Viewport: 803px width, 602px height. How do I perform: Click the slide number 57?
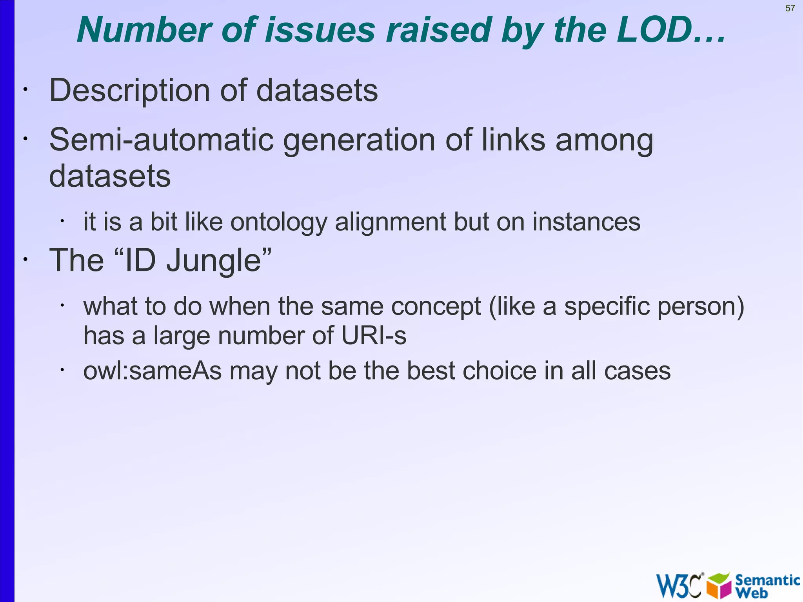tap(790, 8)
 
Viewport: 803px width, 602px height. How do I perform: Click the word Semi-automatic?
tap(161, 140)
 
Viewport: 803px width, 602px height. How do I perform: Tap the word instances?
tap(586, 222)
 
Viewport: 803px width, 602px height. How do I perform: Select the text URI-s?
tap(374, 336)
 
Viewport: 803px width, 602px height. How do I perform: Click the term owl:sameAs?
tap(153, 371)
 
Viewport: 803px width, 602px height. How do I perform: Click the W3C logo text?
tap(679, 586)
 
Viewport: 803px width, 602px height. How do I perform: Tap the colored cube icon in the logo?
tap(719, 585)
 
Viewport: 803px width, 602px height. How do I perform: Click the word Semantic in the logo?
tap(767, 580)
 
